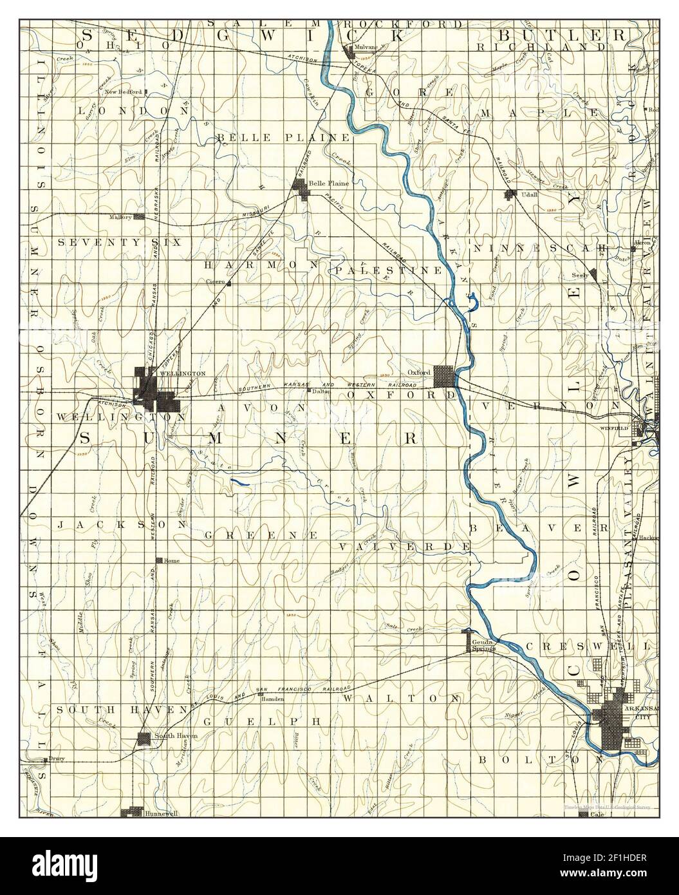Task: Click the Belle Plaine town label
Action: [x=329, y=183]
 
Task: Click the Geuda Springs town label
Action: [x=483, y=646]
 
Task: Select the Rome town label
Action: [x=172, y=560]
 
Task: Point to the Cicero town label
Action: [x=214, y=282]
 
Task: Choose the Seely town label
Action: [x=581, y=275]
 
